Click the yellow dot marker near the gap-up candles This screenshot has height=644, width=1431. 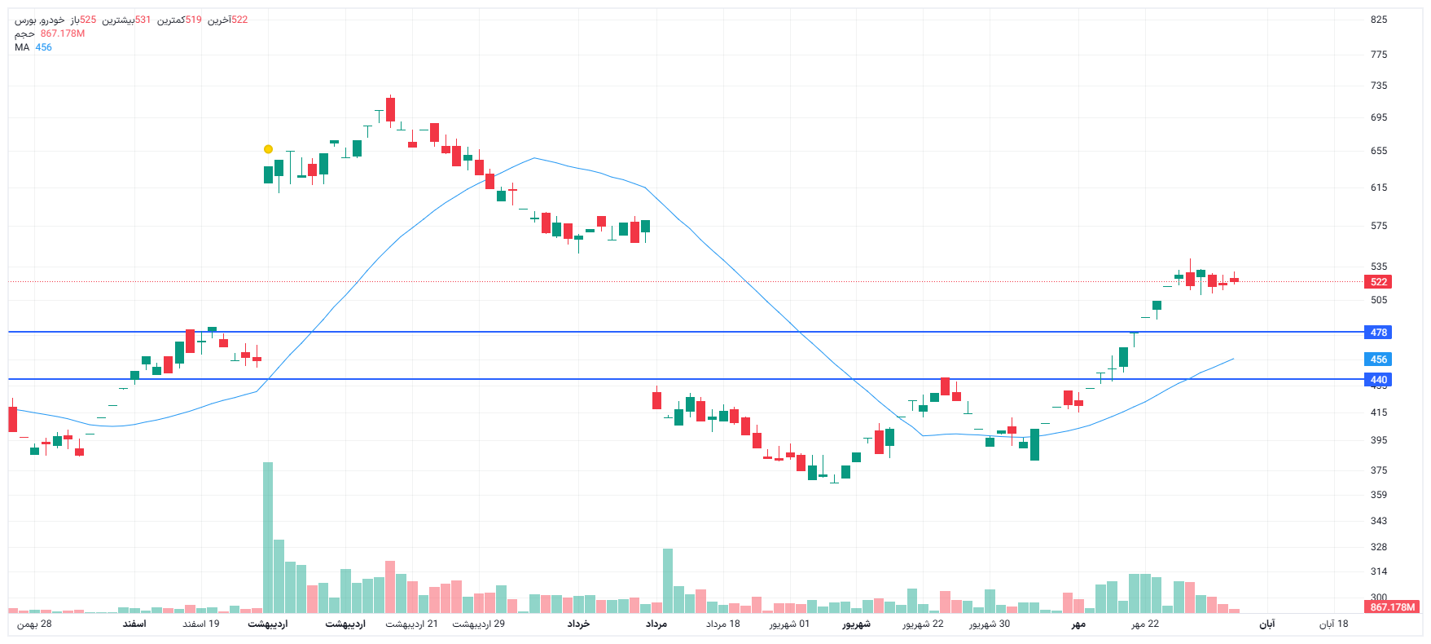268,149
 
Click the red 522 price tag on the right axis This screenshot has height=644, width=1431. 1378,282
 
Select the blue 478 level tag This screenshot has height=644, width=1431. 1378,333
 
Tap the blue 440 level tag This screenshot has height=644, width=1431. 1378,380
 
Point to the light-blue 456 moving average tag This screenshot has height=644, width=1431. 1378,359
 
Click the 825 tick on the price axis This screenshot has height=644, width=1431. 1378,20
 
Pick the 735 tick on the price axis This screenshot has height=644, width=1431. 1378,86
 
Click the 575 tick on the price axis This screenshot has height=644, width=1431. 1378,226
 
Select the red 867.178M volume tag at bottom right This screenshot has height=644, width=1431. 1393,607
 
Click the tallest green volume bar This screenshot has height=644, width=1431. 268,538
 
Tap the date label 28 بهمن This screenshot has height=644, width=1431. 35,624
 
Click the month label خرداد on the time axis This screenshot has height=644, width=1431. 578,624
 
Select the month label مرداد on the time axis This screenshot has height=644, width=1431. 656,624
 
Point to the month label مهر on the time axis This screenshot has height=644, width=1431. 1078,624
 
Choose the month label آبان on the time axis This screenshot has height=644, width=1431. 1266,624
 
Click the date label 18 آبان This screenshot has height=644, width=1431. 1333,624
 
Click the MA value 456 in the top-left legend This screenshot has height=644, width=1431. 43,47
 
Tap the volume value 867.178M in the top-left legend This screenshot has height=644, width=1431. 63,33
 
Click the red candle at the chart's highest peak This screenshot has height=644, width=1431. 391,109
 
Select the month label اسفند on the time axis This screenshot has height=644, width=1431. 134,624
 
